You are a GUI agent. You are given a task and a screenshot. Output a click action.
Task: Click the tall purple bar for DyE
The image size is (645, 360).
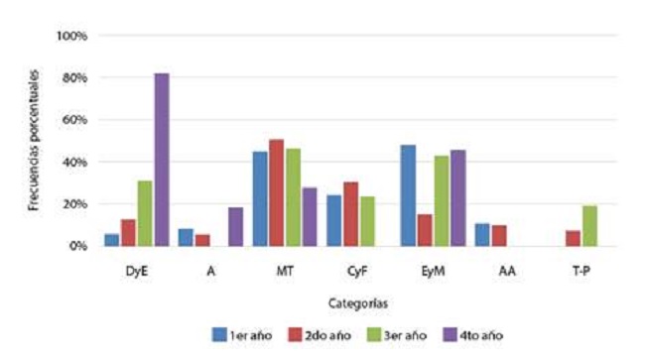point(161,160)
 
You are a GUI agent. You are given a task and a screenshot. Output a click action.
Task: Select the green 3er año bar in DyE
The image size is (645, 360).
point(144,213)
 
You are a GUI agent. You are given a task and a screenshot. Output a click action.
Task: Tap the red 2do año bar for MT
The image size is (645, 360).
point(276,192)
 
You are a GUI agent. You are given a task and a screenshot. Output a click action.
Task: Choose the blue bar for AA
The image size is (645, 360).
point(481,235)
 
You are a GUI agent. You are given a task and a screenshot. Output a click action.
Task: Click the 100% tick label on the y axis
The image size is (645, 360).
point(73,36)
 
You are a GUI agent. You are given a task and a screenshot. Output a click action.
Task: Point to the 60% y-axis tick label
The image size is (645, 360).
point(75,120)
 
